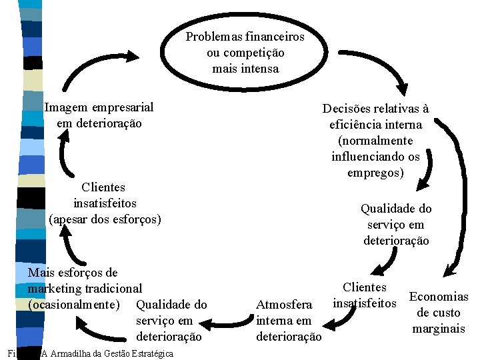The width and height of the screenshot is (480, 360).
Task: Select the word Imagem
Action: tap(67, 107)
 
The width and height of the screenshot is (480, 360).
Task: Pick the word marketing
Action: tap(56, 289)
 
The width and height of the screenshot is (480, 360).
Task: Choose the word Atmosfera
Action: tap(285, 305)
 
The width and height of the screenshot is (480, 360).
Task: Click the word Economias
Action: tap(439, 297)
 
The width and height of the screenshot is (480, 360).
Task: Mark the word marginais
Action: tap(439, 329)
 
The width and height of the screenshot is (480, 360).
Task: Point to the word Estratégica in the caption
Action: tap(153, 353)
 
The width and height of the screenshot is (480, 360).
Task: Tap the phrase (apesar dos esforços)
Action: tap(105, 219)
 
